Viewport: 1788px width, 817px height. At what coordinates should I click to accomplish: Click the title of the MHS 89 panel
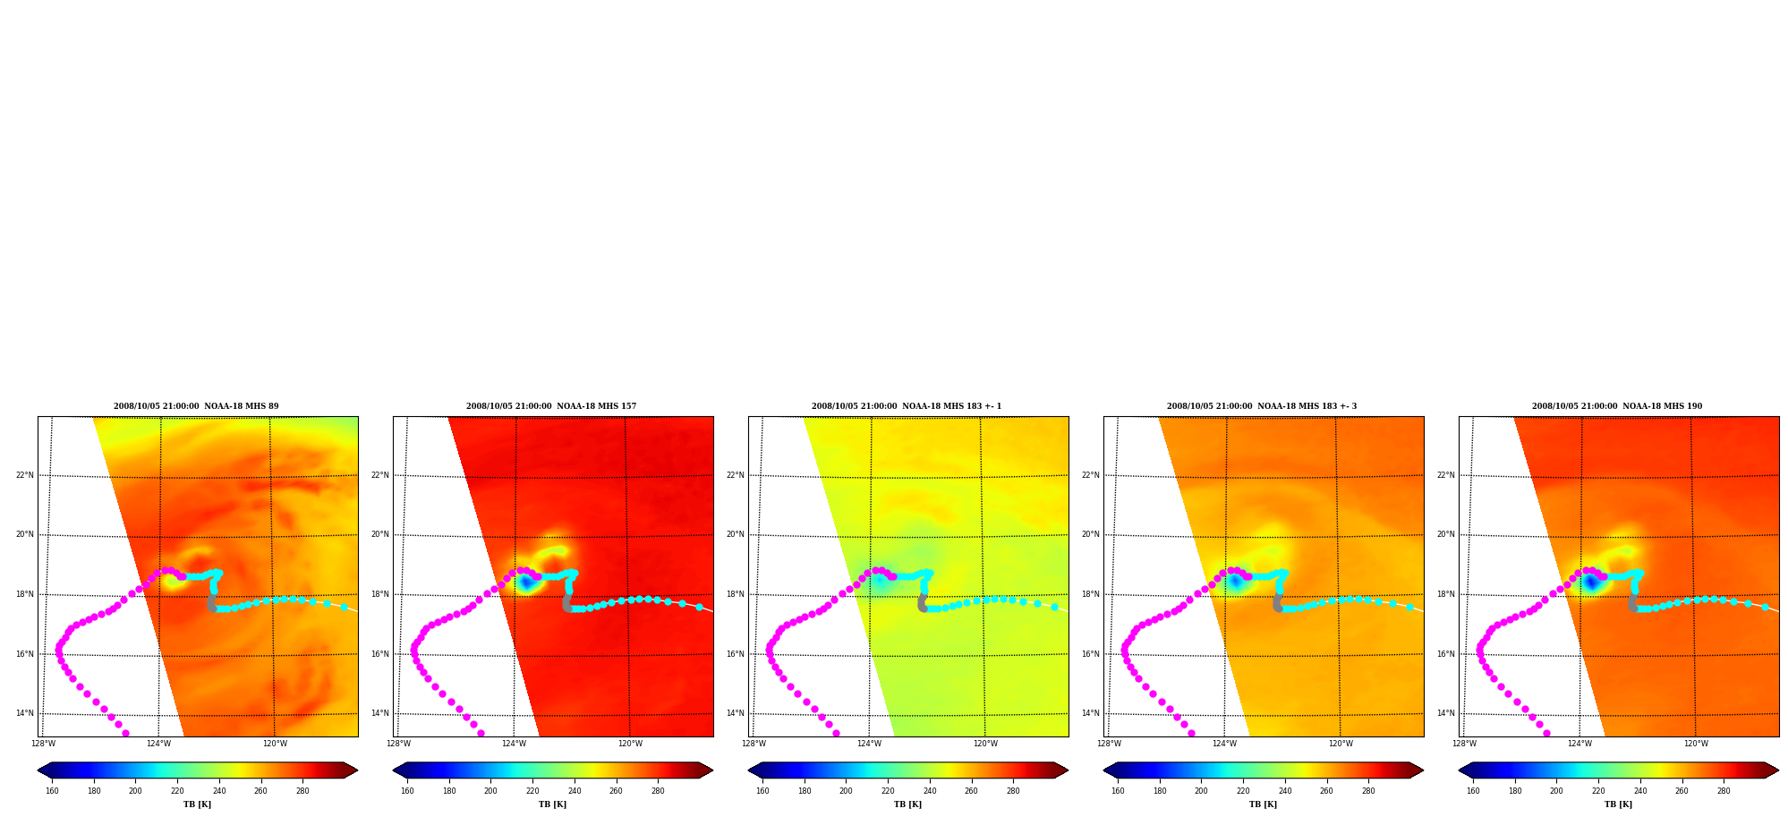tap(196, 406)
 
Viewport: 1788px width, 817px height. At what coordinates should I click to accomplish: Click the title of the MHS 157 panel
tap(551, 406)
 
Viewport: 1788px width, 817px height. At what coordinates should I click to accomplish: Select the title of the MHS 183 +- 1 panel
tap(907, 406)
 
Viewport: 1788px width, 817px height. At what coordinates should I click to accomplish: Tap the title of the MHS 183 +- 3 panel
tap(1262, 406)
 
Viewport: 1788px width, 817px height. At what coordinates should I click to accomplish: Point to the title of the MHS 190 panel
tap(1617, 406)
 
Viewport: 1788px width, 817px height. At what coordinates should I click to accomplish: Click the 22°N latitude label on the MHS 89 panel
tap(25, 475)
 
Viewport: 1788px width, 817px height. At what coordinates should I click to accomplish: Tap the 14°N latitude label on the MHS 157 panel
tap(380, 713)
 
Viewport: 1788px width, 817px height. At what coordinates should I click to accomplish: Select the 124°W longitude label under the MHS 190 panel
tap(1580, 744)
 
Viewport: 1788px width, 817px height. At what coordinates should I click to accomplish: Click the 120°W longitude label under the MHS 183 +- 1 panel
tap(985, 744)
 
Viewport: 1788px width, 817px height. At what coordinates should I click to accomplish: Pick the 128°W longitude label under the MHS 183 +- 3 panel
tap(1110, 744)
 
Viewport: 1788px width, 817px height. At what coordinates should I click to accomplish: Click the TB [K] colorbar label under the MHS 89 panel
tap(197, 804)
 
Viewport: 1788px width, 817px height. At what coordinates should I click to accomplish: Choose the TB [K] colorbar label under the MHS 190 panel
tap(1618, 804)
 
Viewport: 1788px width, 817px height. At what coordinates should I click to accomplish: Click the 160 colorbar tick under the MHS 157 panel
tap(407, 791)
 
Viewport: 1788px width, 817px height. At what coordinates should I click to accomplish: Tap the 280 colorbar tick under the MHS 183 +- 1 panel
tap(1013, 791)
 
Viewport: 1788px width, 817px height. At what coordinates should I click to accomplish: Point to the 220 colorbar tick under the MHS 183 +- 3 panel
tap(1243, 791)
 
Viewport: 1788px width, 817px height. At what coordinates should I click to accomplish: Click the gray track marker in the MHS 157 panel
tap(566, 603)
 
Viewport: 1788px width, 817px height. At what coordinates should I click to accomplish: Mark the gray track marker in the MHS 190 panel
tap(1632, 603)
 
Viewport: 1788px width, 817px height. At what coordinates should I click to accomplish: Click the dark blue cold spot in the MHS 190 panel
tap(1591, 583)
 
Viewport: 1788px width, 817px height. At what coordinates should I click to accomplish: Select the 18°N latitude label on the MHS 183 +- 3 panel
tap(1091, 594)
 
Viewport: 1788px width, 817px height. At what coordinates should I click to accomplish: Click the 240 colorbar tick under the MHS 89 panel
tap(219, 791)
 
